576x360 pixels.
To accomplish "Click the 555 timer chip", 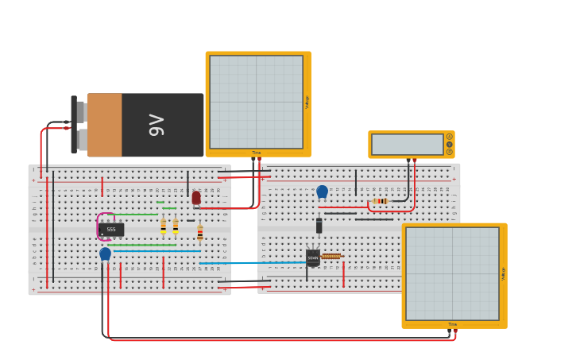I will pos(112,230).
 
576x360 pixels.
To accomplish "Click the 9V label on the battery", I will pos(157,125).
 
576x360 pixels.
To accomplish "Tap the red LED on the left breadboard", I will pos(196,197).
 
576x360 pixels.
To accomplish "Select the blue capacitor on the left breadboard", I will pos(105,254).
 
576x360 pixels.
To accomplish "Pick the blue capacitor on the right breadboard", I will pos(322,191).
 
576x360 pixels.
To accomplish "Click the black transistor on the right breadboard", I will pos(313,257).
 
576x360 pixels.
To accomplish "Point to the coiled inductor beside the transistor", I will pos(331,256).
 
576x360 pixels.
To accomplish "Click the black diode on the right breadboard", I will pos(319,226).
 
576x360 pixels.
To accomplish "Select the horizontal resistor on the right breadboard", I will pos(380,201).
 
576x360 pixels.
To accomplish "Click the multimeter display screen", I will pos(407,145).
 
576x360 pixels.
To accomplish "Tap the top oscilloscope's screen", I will pos(256,101).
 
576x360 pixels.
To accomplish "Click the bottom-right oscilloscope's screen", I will pos(452,273).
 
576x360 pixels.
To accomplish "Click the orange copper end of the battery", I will pos(104,125).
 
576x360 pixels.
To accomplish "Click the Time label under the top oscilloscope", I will pos(256,153).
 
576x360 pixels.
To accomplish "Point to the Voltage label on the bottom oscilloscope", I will pos(503,273).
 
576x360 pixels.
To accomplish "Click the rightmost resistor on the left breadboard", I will pos(199,232).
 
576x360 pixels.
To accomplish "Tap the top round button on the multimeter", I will pos(449,137).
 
